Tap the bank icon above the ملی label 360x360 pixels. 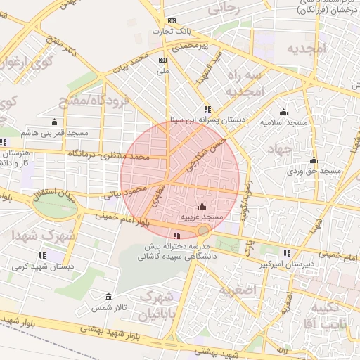pyautogui.click(x=163, y=60)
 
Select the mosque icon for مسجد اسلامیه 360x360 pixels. pyautogui.click(x=283, y=112)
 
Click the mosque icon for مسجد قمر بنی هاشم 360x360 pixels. pyautogui.click(x=55, y=122)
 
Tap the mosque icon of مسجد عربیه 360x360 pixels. pyautogui.click(x=202, y=207)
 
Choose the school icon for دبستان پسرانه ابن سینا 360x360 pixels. pyautogui.click(x=207, y=109)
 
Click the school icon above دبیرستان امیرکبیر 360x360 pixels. pyautogui.click(x=286, y=253)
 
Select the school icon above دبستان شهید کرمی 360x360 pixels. pyautogui.click(x=42, y=255)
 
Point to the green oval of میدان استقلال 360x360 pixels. pyautogui.click(x=55, y=206)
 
